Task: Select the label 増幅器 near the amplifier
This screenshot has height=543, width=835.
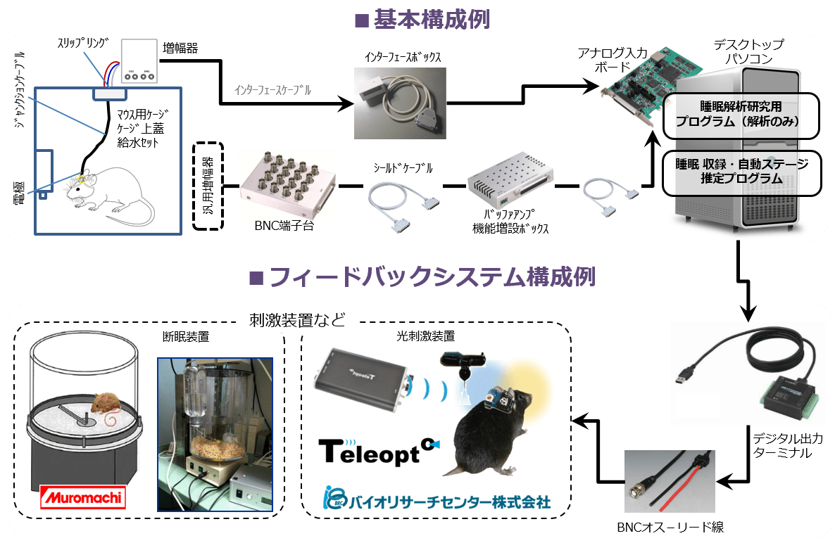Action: (x=180, y=49)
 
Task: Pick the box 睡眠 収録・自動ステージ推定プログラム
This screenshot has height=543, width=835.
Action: (x=742, y=172)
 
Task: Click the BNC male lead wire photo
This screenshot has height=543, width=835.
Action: (x=669, y=481)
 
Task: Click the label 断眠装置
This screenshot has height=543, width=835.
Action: (x=185, y=336)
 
